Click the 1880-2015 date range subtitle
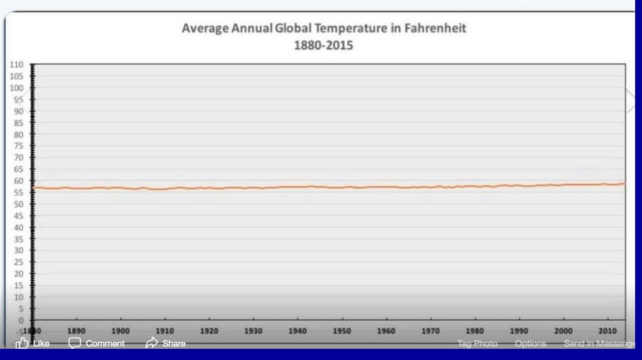pos(324,45)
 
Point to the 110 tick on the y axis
pos(16,65)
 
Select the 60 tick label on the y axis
pos(18,181)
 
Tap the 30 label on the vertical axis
pos(18,250)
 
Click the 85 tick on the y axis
pos(18,123)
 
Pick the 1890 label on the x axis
pos(76,331)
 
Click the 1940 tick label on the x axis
pos(298,331)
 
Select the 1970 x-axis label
pos(431,331)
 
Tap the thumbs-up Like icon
pos(23,343)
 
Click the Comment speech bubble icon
pos(75,343)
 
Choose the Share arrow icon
pos(152,343)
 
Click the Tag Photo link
pos(477,344)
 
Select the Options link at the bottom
pos(530,344)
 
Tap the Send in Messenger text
pos(599,344)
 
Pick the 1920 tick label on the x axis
pos(209,331)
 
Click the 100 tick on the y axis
pos(16,88)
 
